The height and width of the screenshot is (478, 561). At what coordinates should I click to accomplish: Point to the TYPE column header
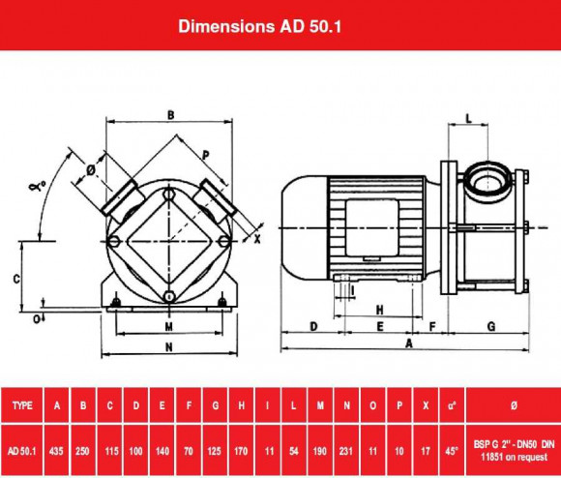click(23, 406)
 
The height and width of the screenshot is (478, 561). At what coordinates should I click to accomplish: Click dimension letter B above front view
click(170, 115)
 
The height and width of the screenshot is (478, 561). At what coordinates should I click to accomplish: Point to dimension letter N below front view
click(168, 345)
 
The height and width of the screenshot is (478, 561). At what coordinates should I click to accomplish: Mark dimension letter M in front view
click(168, 325)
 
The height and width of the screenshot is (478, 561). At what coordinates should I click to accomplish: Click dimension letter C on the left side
click(16, 278)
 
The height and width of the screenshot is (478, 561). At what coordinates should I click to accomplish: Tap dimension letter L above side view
click(469, 118)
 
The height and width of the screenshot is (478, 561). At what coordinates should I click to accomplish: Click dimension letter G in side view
click(491, 326)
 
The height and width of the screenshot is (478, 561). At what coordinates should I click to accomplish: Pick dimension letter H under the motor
click(380, 309)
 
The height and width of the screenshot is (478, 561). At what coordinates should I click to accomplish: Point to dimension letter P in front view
click(205, 154)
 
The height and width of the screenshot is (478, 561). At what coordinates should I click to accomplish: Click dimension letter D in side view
click(313, 326)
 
